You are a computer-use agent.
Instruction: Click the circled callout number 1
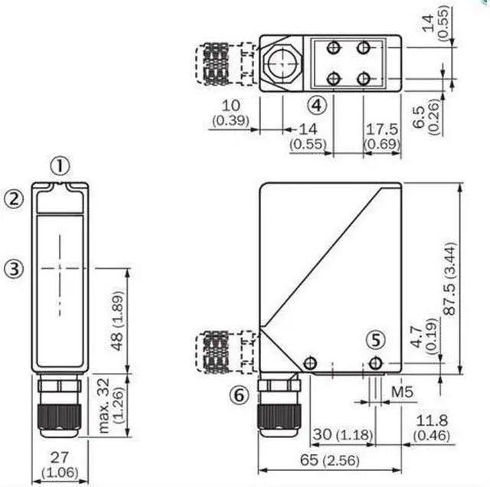(x=60, y=166)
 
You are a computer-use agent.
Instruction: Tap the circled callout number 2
(x=14, y=199)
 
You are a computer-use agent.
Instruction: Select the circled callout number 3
(x=14, y=269)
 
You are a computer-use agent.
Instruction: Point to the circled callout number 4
(x=316, y=106)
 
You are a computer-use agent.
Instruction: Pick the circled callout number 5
(x=376, y=340)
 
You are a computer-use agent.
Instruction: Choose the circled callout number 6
(x=240, y=395)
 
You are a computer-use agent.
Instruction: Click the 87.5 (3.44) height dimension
(x=450, y=278)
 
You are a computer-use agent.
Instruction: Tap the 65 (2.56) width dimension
(x=330, y=459)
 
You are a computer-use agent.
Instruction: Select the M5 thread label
(x=402, y=392)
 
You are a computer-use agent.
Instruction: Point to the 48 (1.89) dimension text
(x=118, y=321)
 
